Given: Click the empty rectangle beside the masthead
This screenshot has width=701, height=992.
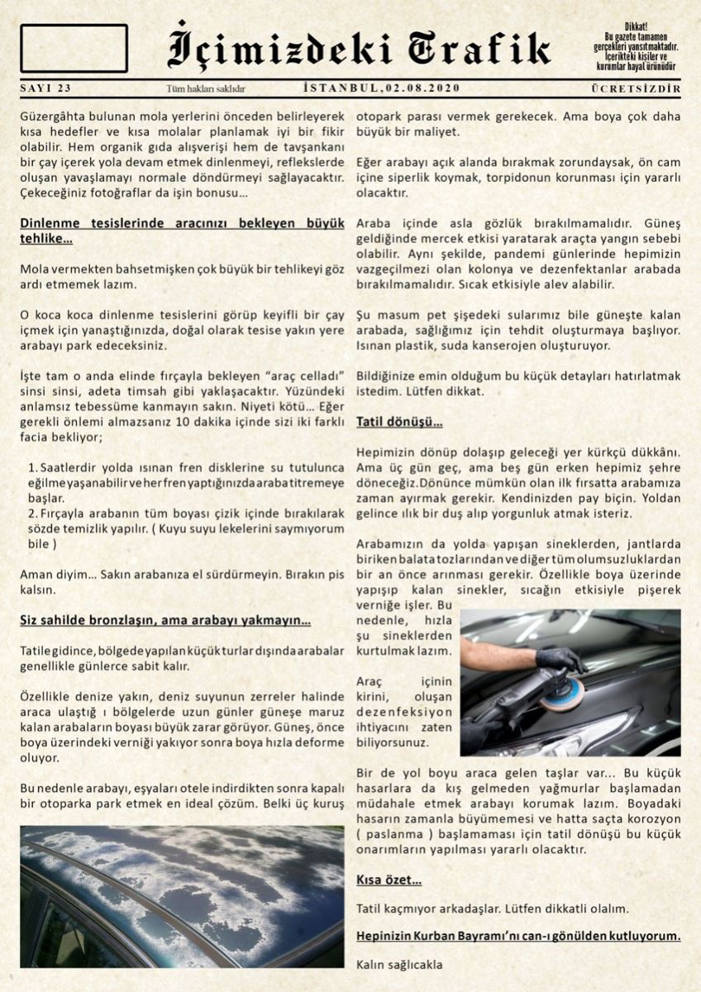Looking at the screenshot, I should pyautogui.click(x=74, y=48).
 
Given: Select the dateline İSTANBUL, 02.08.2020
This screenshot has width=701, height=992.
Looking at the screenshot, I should pyautogui.click(x=382, y=88).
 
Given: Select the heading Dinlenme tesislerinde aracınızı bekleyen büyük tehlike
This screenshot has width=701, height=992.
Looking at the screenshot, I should pyautogui.click(x=181, y=231).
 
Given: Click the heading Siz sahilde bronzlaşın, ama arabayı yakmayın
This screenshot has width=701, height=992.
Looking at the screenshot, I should pyautogui.click(x=165, y=620).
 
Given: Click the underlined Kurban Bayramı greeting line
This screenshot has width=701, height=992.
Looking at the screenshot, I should pyautogui.click(x=518, y=936).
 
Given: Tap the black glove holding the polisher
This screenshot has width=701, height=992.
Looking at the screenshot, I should pyautogui.click(x=560, y=660).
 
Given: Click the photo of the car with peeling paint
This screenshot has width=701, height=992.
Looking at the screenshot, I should pyautogui.click(x=182, y=896).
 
